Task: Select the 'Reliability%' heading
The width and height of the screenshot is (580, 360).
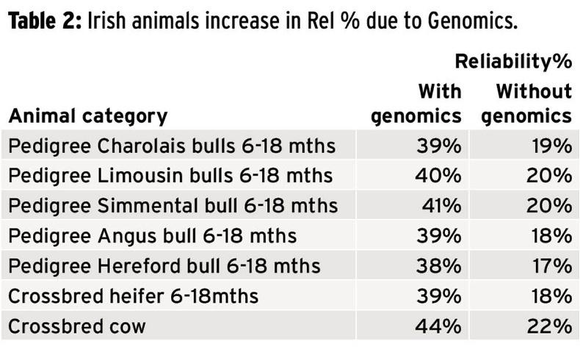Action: (x=514, y=62)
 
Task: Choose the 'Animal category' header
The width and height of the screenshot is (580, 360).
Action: (x=88, y=116)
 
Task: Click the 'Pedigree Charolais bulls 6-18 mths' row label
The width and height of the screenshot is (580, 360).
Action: (x=172, y=146)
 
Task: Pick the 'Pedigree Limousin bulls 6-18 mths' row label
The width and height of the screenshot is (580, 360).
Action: (x=170, y=176)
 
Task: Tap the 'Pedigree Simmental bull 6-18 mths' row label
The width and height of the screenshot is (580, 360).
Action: (x=173, y=206)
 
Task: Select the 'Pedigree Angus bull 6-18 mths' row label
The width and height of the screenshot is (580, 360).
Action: (x=153, y=235)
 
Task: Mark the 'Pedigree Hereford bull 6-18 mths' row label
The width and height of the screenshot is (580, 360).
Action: (x=165, y=265)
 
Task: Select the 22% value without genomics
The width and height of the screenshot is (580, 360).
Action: (x=552, y=325)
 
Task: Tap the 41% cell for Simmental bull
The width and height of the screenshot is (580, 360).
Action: (x=442, y=206)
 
